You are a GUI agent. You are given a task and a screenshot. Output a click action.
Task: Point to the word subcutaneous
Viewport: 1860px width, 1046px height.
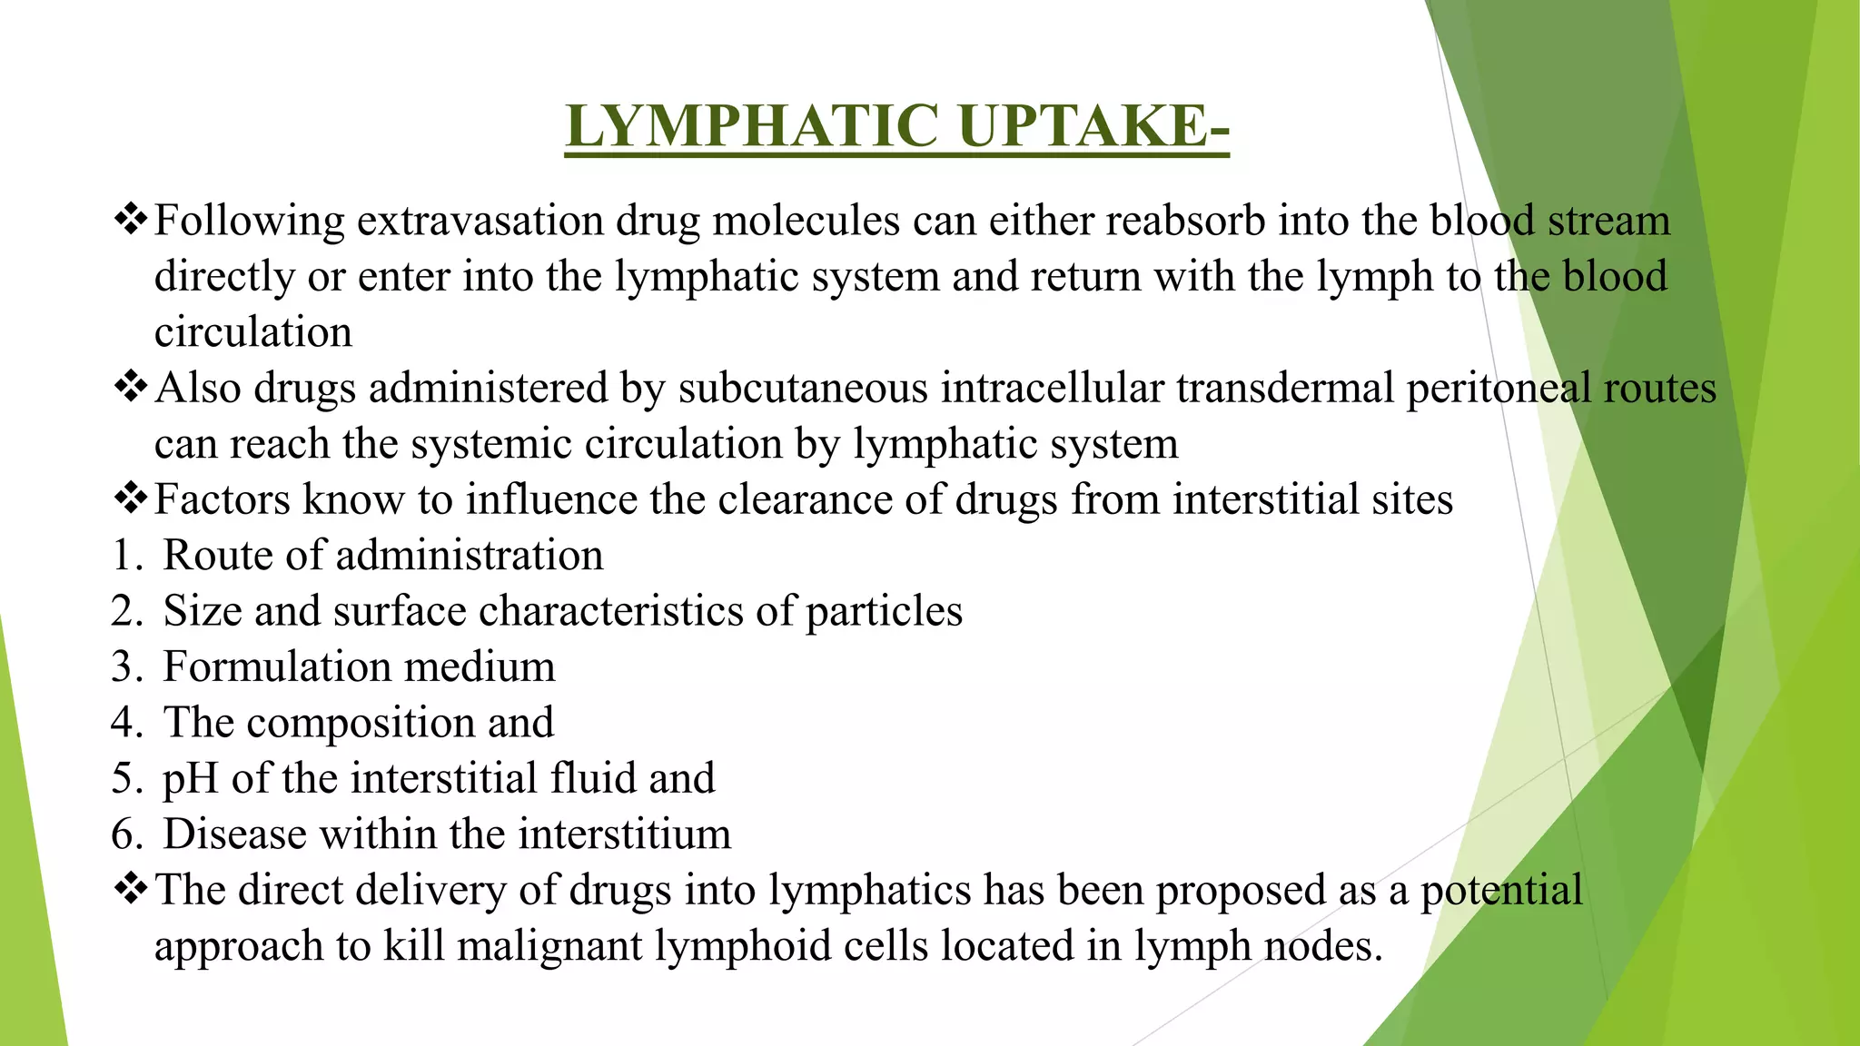803,389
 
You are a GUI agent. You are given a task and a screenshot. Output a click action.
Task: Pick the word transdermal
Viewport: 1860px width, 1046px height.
1285,389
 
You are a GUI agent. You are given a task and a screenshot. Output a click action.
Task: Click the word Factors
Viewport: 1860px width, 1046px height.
222,499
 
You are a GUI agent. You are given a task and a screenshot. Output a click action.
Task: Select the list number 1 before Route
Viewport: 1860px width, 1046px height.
124,556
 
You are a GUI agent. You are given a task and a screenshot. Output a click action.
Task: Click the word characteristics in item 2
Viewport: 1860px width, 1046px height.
610,611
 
